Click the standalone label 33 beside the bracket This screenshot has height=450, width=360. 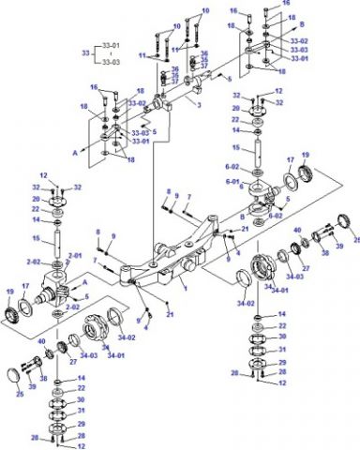tap(85, 55)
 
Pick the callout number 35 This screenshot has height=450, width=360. tap(204, 58)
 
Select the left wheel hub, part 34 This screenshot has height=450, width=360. tap(97, 330)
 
